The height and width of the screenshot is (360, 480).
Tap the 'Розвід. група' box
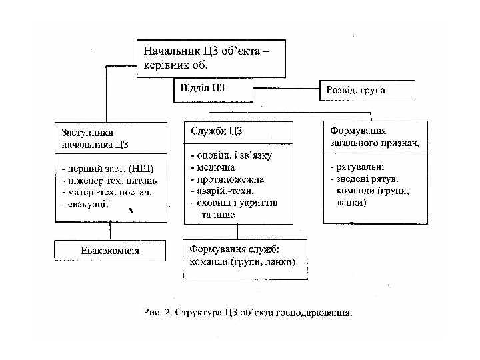coord(367,90)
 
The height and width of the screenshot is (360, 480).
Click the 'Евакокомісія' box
coord(110,251)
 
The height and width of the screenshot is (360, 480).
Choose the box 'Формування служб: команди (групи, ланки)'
coord(245,257)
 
